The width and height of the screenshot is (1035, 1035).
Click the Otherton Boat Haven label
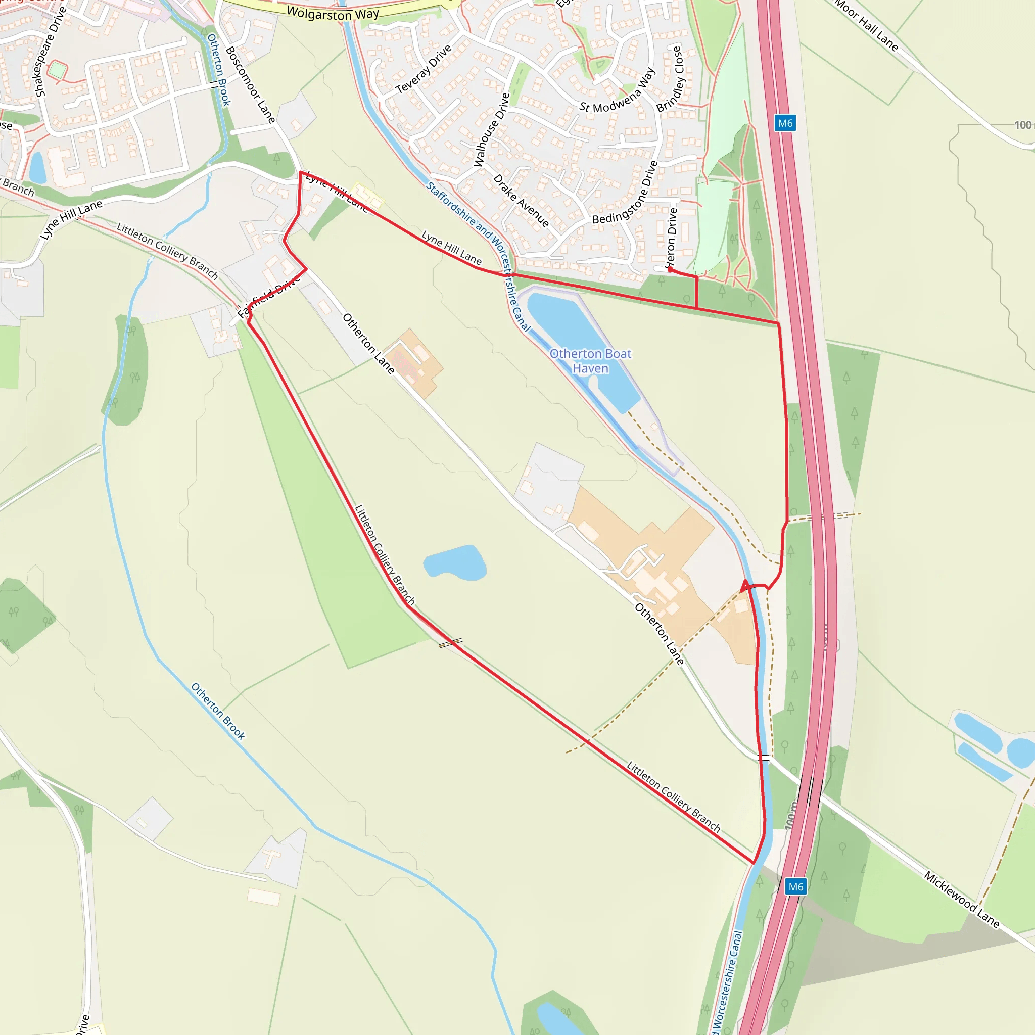click(x=590, y=361)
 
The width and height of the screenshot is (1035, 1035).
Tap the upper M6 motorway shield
click(x=785, y=123)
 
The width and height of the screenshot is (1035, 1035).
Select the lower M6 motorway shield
click(x=795, y=886)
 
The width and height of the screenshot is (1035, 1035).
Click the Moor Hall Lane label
click(x=866, y=25)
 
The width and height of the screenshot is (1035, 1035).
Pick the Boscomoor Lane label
click(x=250, y=84)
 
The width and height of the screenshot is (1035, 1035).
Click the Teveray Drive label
click(x=424, y=69)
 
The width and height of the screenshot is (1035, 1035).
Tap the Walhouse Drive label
click(x=491, y=130)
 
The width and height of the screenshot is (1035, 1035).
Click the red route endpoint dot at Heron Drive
click(x=670, y=270)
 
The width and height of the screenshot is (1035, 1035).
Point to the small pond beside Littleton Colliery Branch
click(x=454, y=562)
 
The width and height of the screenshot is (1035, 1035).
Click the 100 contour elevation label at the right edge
click(x=1022, y=125)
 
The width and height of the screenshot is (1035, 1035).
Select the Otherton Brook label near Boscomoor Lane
click(x=218, y=70)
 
